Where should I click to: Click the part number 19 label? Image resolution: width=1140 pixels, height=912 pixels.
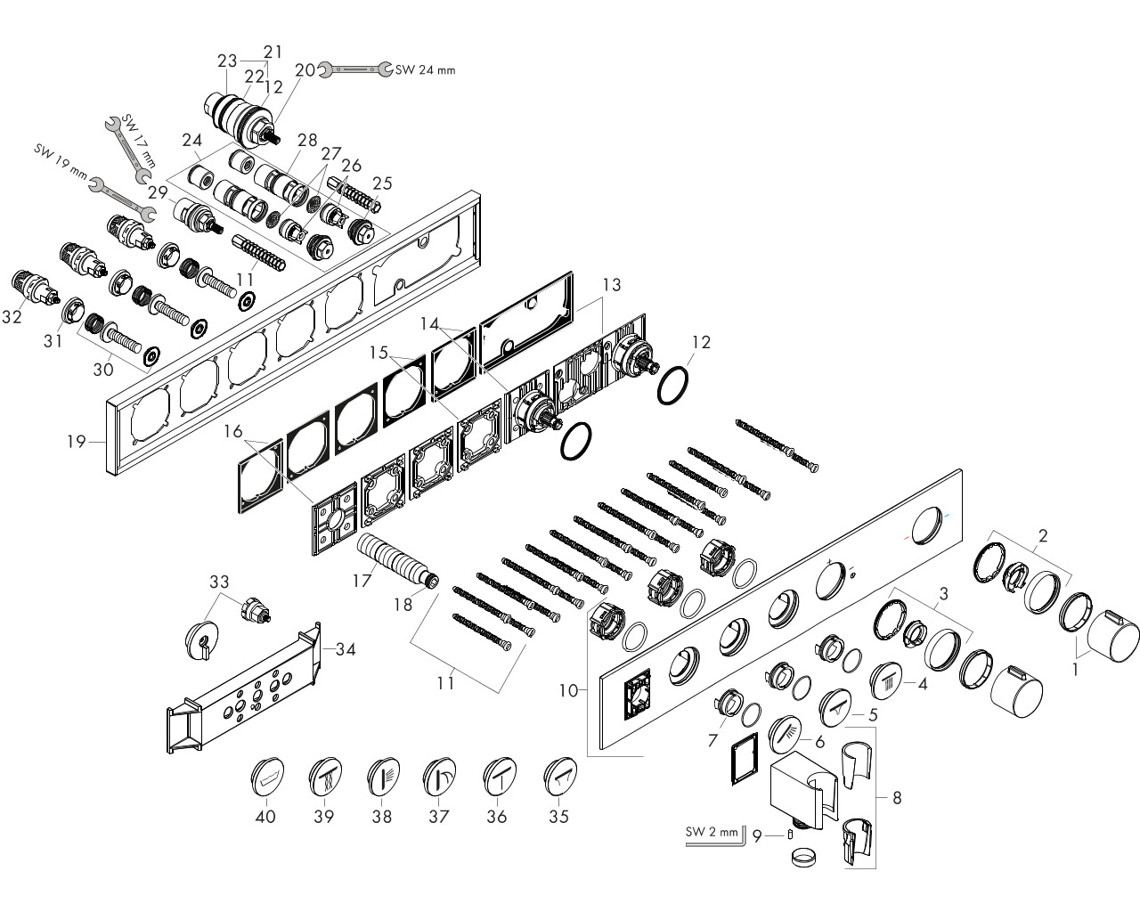pyautogui.click(x=77, y=442)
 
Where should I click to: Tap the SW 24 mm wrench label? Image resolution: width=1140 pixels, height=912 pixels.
pyautogui.click(x=426, y=70)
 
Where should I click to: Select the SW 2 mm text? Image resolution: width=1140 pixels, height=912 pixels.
pyautogui.click(x=712, y=832)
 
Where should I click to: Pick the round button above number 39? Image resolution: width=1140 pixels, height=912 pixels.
pyautogui.click(x=325, y=777)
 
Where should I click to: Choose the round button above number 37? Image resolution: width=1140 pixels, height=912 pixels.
pyautogui.click(x=440, y=777)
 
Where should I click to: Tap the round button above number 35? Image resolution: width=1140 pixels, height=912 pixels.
pyautogui.click(x=560, y=777)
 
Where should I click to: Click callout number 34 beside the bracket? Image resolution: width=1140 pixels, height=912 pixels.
pyautogui.click(x=346, y=648)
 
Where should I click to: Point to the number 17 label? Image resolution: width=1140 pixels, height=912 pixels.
pyautogui.click(x=362, y=581)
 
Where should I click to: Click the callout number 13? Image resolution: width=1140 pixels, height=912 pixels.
pyautogui.click(x=611, y=285)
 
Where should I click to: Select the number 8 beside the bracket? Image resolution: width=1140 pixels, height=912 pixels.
pyautogui.click(x=897, y=797)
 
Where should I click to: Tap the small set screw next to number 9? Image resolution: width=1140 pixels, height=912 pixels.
pyautogui.click(x=791, y=835)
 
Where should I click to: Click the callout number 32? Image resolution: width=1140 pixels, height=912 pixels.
pyautogui.click(x=12, y=317)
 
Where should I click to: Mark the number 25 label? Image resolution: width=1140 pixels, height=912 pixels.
pyautogui.click(x=382, y=183)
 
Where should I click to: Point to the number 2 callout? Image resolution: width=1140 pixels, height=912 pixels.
pyautogui.click(x=1043, y=536)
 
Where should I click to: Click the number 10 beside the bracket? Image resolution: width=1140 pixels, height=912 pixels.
pyautogui.click(x=568, y=690)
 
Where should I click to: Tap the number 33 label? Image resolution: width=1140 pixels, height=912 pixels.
pyautogui.click(x=219, y=582)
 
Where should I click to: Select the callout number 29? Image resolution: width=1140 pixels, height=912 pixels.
pyautogui.click(x=158, y=191)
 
